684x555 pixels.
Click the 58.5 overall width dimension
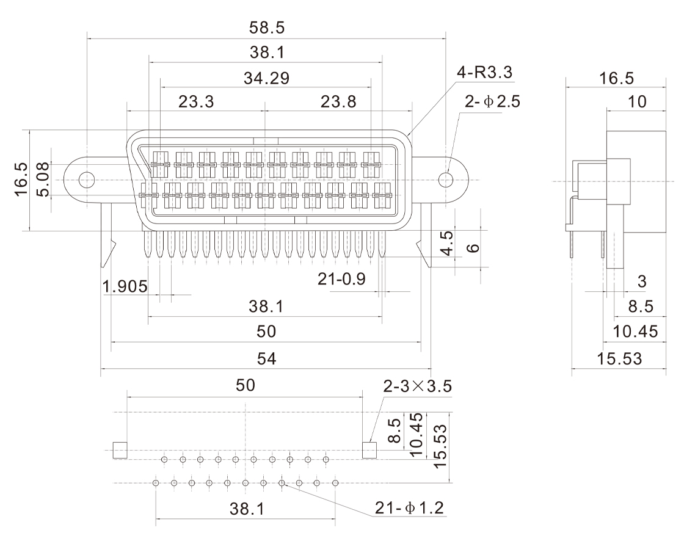[x=267, y=28]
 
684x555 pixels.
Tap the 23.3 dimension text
[x=196, y=102]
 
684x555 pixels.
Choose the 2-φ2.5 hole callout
[x=492, y=102]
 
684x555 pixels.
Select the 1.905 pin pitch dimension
[x=125, y=286]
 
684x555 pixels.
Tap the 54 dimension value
[x=266, y=360]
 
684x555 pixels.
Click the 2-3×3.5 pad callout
[x=418, y=386]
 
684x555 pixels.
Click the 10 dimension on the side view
[x=638, y=102]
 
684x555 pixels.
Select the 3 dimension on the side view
[x=642, y=281]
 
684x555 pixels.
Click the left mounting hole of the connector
[x=87, y=180]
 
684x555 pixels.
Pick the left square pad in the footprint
[x=120, y=450]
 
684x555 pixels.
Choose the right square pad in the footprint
[x=370, y=450]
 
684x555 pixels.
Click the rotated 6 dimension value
[x=475, y=248]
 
